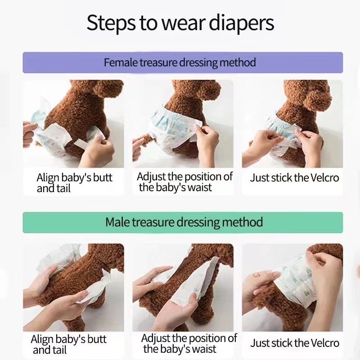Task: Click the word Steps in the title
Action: click(111, 23)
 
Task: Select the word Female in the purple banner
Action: click(121, 62)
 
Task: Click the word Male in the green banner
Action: click(117, 222)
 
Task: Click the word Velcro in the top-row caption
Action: click(324, 178)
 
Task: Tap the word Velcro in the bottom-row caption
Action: click(324, 343)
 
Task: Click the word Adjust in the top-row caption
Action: click(151, 177)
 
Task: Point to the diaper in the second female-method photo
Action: click(173, 129)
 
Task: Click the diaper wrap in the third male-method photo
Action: click(296, 283)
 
